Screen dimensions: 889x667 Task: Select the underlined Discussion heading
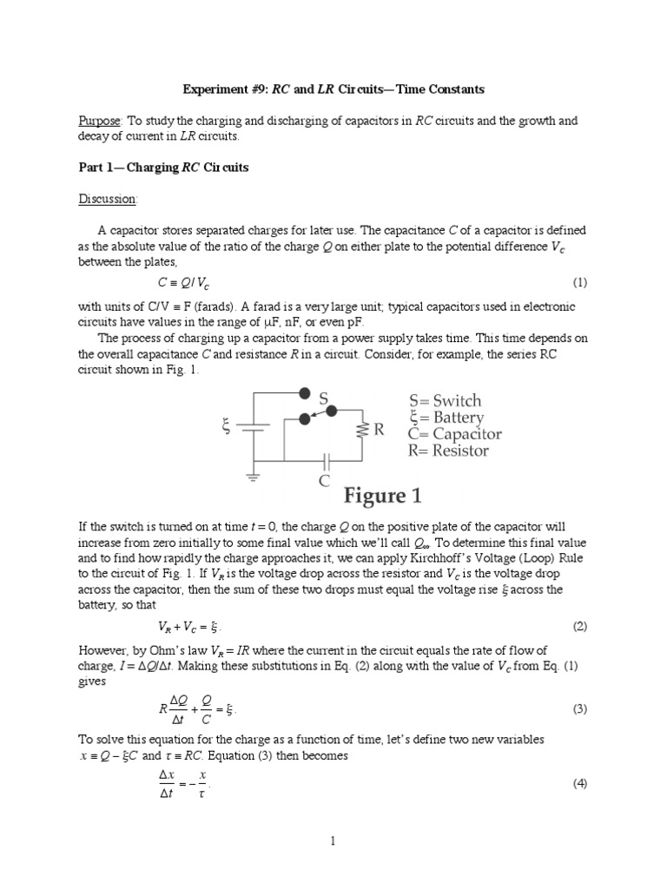pyautogui.click(x=109, y=199)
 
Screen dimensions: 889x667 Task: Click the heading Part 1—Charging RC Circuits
pyautogui.click(x=163, y=168)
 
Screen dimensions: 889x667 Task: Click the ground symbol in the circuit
pyautogui.click(x=254, y=476)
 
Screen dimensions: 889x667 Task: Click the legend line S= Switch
pyautogui.click(x=445, y=401)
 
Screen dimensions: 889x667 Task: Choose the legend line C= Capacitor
pyautogui.click(x=455, y=434)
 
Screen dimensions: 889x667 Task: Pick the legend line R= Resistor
pyautogui.click(x=449, y=451)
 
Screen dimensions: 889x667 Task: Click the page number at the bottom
pyautogui.click(x=333, y=840)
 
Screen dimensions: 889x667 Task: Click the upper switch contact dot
pyautogui.click(x=303, y=392)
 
